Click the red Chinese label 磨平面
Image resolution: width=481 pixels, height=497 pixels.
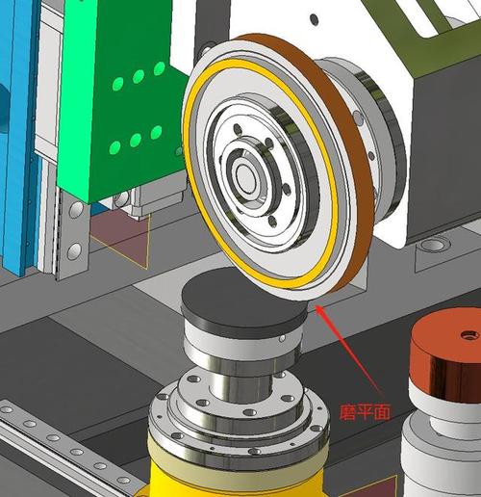365,412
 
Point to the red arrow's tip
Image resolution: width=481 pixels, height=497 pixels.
316,305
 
